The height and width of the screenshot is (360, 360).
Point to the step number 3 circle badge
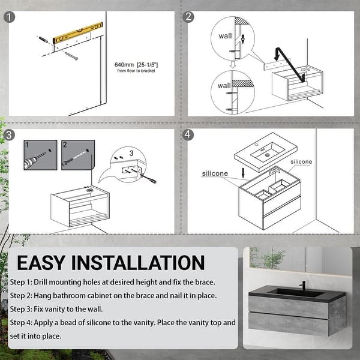pyautogui.click(x=8, y=135)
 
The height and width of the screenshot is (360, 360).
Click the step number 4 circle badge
pyautogui.click(x=188, y=135)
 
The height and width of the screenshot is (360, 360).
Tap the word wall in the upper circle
pyautogui.click(x=225, y=36)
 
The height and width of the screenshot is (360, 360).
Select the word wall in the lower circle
pyautogui.click(x=224, y=86)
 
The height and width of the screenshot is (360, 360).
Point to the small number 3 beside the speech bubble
pyautogui.click(x=131, y=154)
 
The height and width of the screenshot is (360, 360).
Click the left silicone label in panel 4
pyautogui.click(x=215, y=173)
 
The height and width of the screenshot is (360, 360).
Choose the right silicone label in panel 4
pyautogui.click(x=301, y=162)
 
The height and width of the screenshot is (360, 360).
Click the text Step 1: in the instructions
pyautogui.click(x=24, y=282)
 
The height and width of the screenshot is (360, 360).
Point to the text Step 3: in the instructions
pyautogui.click(x=24, y=309)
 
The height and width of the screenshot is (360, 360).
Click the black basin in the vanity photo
pyautogui.click(x=288, y=293)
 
